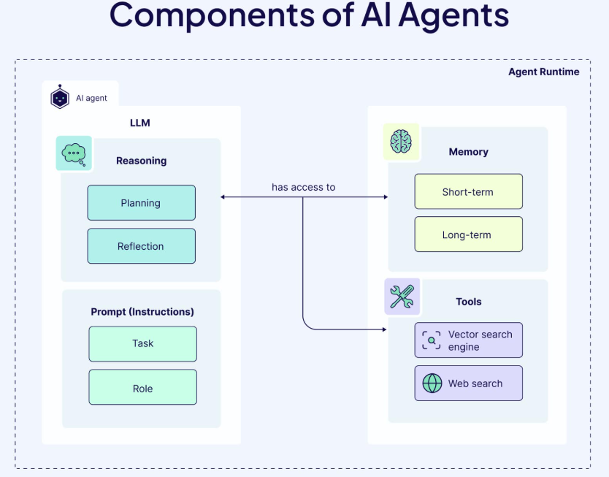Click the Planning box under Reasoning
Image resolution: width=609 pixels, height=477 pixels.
[141, 203]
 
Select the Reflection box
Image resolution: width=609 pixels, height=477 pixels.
[141, 246]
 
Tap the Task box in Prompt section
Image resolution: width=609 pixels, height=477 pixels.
[142, 343]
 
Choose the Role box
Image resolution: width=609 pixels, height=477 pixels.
[142, 388]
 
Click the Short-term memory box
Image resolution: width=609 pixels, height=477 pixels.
[468, 192]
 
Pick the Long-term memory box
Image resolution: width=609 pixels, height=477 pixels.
[468, 234]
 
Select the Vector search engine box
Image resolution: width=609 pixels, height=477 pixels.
[468, 340]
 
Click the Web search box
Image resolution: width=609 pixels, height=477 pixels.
[468, 383]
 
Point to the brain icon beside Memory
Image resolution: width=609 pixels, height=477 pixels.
[401, 141]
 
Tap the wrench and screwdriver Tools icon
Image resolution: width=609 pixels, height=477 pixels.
[402, 297]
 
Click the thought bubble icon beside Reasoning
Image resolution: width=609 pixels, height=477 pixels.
[74, 153]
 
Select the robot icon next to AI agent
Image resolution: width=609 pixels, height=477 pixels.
[60, 97]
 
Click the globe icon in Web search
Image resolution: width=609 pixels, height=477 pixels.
[432, 383]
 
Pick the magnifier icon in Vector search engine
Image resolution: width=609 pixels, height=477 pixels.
[432, 340]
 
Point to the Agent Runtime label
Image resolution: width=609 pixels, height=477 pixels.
[543, 72]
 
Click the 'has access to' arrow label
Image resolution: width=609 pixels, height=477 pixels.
[303, 187]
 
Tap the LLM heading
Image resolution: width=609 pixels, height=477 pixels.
[139, 123]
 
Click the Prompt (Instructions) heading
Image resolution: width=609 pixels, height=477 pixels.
[142, 312]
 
